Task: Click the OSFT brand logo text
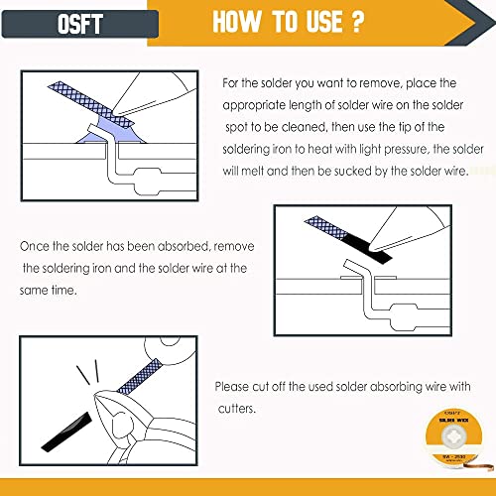79,24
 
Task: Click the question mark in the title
357,21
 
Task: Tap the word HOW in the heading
236,22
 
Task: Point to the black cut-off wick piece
66,432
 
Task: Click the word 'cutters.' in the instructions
237,409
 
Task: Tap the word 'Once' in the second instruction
35,246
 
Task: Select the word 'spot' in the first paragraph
236,128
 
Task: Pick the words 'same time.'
49,290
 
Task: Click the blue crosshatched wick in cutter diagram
140,377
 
